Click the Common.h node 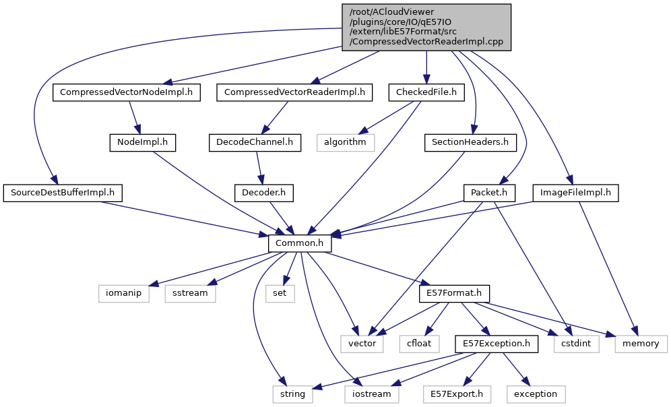pos(300,243)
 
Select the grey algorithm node pos(345,142)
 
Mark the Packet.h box pos(489,193)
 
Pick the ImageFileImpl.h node pos(575,193)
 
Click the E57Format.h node pos(454,294)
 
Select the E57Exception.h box pos(497,344)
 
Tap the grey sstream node pos(190,294)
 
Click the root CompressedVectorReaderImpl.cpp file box pos(426,27)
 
